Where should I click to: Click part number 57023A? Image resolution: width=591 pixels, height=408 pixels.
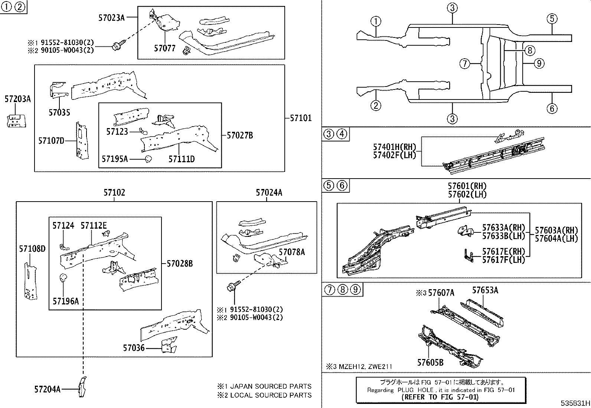(x=111, y=17)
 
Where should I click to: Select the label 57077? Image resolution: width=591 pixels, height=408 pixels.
(x=164, y=48)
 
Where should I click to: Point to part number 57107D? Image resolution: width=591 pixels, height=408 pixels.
(x=51, y=140)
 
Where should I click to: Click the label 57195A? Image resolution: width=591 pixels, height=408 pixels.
(x=114, y=159)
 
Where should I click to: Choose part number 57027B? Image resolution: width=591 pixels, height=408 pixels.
(x=239, y=136)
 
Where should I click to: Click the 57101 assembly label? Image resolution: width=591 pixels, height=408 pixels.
(x=300, y=118)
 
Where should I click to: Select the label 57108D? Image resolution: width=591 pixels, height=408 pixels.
(x=32, y=248)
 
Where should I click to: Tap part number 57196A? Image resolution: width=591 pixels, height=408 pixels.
(x=65, y=301)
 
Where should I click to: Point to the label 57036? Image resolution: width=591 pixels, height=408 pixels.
(x=134, y=348)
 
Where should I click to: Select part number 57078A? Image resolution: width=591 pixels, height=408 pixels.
(x=292, y=252)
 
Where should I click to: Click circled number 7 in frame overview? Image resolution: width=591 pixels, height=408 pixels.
(x=464, y=64)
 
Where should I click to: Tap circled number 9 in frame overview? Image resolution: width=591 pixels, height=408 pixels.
(x=539, y=63)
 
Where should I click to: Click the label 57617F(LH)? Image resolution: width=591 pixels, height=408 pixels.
(x=503, y=260)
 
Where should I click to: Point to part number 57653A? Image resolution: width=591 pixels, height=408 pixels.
(x=485, y=290)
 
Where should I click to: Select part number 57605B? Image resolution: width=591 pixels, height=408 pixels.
(x=430, y=362)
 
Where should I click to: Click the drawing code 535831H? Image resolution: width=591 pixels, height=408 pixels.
(x=575, y=403)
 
